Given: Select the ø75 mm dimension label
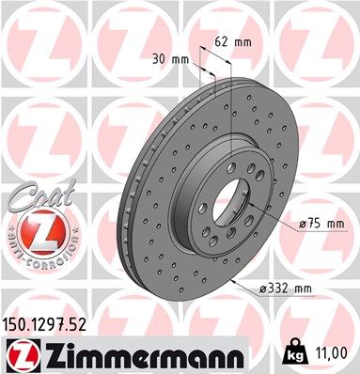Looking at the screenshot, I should [x=321, y=223].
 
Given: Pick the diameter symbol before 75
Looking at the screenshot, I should [x=302, y=223].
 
